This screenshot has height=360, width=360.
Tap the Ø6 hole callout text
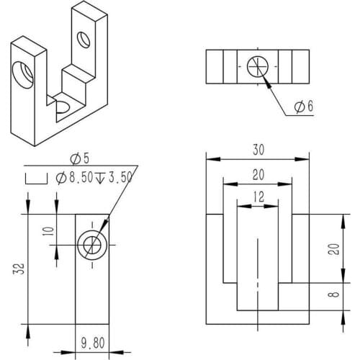coord(304,107)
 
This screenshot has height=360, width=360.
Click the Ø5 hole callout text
coord(78,158)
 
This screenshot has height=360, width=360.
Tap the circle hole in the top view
coord(257,66)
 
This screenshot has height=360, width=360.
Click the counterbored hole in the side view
coord(92,246)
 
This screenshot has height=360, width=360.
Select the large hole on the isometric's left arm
coord(22,73)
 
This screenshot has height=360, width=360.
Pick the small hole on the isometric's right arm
coord(85,37)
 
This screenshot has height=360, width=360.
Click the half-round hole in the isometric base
coord(61,107)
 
